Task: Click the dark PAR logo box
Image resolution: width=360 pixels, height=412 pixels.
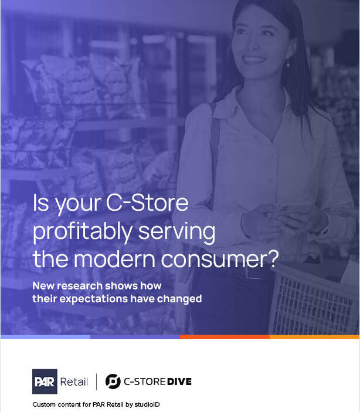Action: (x=45, y=381)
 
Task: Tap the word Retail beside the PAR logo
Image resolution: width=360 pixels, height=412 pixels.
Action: (x=74, y=382)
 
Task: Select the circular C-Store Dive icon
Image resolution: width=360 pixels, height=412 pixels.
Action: (x=113, y=381)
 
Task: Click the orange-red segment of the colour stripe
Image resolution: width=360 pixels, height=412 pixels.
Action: (x=225, y=337)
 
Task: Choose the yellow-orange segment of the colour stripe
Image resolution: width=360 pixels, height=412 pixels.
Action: (x=314, y=337)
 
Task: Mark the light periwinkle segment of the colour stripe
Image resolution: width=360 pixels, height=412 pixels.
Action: (x=45, y=337)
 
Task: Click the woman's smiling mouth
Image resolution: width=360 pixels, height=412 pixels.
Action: (x=254, y=60)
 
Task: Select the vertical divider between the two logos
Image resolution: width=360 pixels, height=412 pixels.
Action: (x=96, y=381)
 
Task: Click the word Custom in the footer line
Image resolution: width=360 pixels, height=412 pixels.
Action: (x=45, y=405)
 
